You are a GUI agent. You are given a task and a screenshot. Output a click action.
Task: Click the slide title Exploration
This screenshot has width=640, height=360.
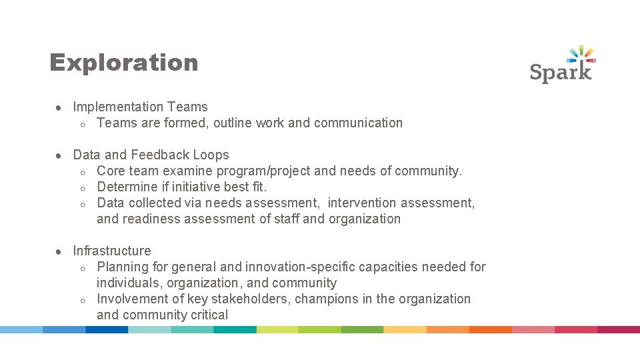click(124, 63)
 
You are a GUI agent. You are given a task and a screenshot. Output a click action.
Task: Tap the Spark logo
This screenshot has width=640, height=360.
click(562, 65)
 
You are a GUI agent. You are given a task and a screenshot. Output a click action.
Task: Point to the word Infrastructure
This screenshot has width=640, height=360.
click(112, 251)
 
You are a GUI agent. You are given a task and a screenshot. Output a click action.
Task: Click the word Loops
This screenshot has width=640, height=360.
click(211, 155)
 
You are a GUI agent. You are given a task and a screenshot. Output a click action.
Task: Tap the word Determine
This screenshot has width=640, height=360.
click(127, 187)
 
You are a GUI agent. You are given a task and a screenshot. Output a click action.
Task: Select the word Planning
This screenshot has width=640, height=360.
click(123, 267)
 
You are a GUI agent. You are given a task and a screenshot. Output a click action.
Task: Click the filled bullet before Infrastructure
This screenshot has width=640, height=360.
click(59, 251)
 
